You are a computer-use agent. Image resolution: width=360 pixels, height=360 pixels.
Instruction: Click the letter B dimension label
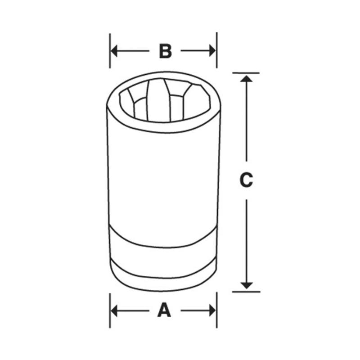click(165, 51)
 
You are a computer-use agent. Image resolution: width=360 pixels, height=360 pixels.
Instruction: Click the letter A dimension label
click(164, 310)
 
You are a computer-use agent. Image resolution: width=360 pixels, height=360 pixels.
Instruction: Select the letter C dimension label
click(246, 180)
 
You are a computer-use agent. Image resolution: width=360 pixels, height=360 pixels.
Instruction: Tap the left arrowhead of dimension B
click(114, 51)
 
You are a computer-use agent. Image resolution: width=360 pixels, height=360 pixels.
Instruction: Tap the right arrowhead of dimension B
click(212, 51)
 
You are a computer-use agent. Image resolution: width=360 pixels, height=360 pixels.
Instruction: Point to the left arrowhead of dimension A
click(114, 310)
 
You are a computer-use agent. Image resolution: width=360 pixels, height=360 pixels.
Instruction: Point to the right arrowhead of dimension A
click(212, 310)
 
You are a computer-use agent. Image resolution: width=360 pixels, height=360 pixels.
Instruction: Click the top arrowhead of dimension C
click(246, 78)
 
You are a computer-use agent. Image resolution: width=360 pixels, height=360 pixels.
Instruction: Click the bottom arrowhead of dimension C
click(246, 285)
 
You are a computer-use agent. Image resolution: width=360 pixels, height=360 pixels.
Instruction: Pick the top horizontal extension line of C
click(246, 73)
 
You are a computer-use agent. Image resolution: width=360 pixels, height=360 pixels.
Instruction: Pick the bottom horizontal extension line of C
click(246, 291)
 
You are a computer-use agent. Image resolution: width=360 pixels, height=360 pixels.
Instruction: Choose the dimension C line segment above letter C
click(246, 121)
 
